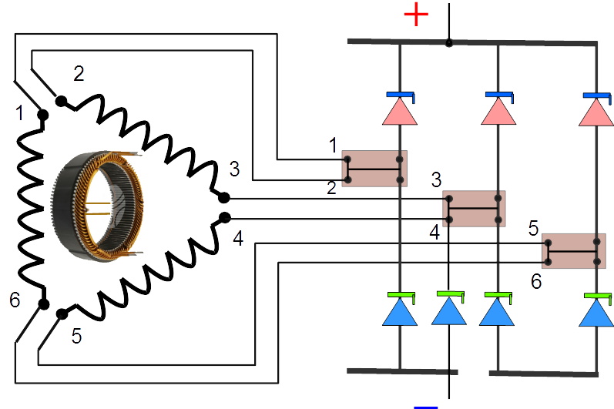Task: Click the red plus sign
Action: tap(416, 14)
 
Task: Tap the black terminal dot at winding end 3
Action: tap(224, 197)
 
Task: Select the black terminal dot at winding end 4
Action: tap(224, 218)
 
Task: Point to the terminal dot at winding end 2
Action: tap(60, 101)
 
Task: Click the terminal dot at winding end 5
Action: tap(62, 313)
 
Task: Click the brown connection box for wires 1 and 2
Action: tap(374, 169)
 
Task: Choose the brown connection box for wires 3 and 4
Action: tap(474, 208)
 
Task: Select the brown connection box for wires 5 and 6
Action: tap(573, 250)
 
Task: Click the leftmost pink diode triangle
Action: tap(400, 112)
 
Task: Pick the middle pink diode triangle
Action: tap(498, 112)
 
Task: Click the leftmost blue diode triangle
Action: tap(400, 311)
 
